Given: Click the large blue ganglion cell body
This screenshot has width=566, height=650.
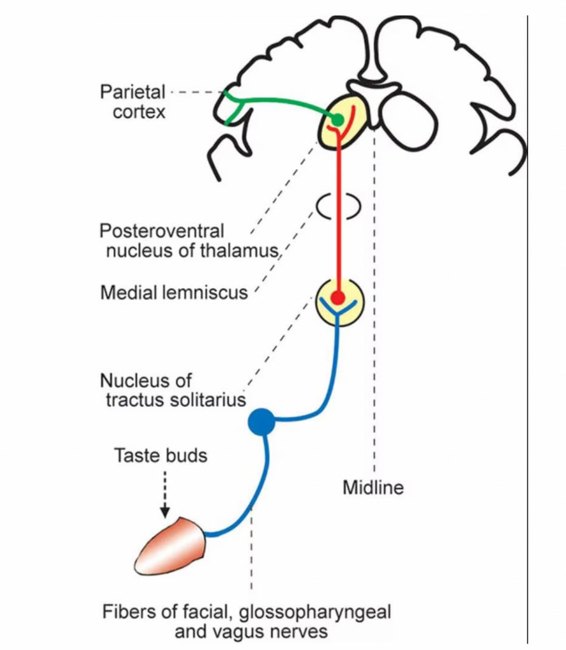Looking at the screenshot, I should [x=260, y=422].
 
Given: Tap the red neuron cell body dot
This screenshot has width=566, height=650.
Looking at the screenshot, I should [x=338, y=297].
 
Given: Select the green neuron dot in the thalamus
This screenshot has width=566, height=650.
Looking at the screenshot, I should [x=339, y=119].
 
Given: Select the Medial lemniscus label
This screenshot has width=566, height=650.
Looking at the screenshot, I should [x=174, y=293].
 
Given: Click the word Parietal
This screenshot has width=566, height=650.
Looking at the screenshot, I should [x=133, y=92].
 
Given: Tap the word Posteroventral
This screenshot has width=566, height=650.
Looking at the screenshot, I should [x=162, y=230].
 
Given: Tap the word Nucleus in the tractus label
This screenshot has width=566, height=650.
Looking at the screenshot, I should [x=136, y=381].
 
